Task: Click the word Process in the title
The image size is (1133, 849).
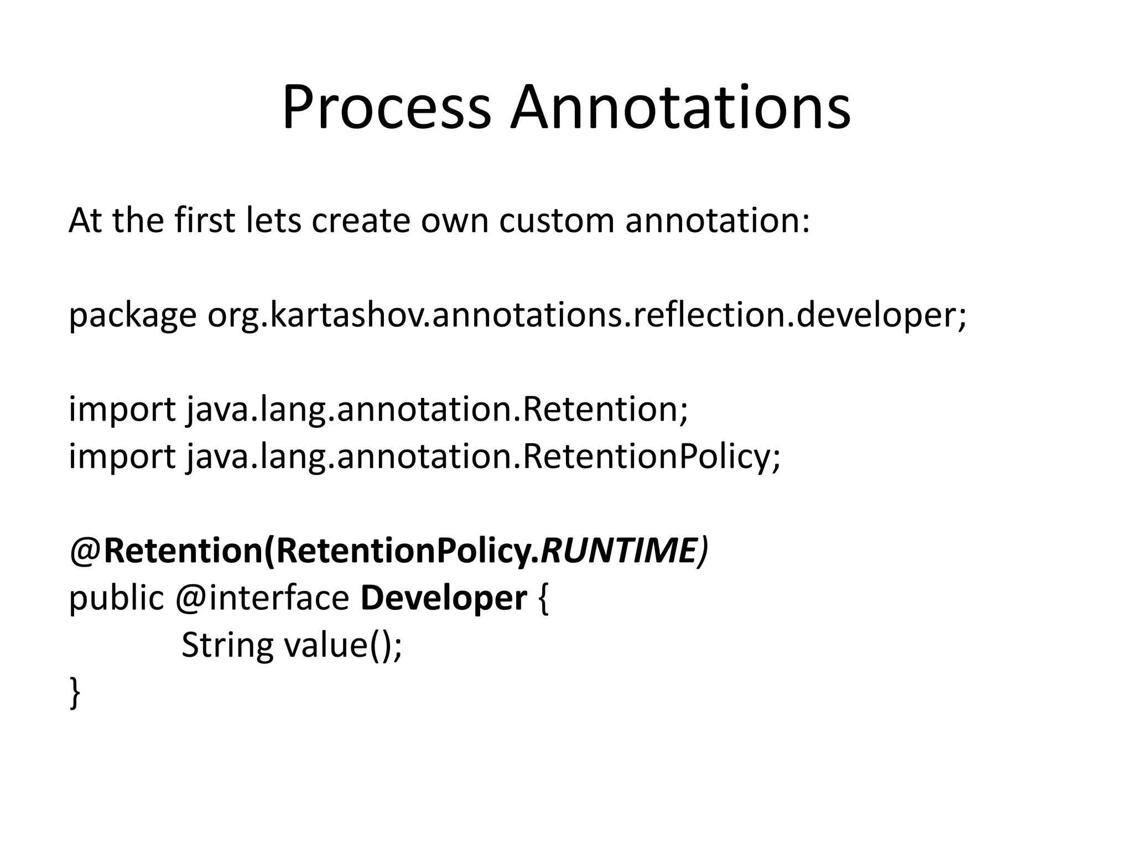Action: [386, 108]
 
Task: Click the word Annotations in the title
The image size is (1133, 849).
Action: [680, 108]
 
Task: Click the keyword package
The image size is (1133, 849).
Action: [132, 316]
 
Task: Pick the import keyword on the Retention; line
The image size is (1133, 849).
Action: [122, 410]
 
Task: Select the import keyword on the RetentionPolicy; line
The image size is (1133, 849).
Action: [122, 457]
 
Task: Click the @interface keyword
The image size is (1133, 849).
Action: [262, 599]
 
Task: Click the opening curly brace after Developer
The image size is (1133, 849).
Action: [543, 599]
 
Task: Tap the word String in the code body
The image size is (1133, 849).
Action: [227, 646]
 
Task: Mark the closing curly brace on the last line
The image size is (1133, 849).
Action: [75, 692]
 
